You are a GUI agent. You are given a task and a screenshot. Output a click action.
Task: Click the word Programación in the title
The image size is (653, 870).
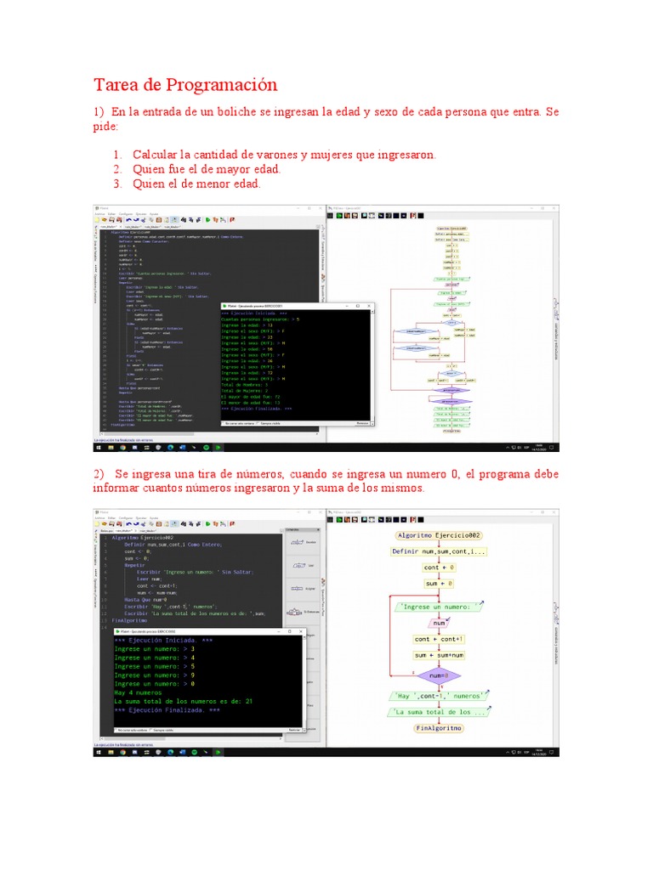[x=230, y=85]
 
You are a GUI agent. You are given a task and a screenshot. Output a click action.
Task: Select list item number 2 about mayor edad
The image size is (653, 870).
[x=207, y=169]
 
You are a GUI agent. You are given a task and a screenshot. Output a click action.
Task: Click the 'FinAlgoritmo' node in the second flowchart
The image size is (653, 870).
[x=440, y=728]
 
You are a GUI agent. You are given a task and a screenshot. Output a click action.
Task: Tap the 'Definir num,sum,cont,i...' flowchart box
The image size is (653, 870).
[x=440, y=551]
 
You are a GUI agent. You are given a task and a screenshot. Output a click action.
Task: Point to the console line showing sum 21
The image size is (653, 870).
[x=184, y=701]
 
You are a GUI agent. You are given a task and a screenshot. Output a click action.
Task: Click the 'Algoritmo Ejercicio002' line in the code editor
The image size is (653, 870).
[x=142, y=538]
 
